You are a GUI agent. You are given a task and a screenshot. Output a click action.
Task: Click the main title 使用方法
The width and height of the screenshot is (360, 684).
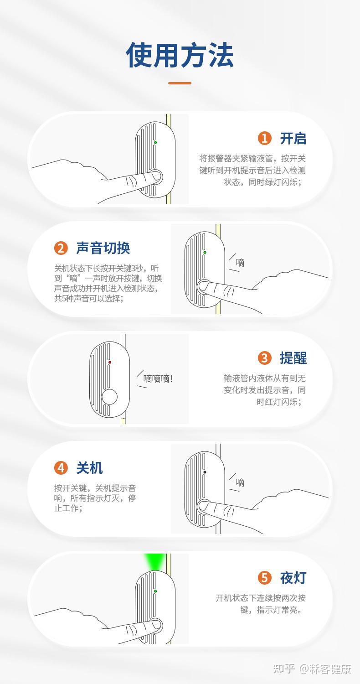click(x=180, y=55)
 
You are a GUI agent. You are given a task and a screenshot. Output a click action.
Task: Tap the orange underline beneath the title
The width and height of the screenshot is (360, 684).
click(x=180, y=83)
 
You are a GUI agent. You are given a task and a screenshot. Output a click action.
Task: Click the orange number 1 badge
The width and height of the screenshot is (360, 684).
click(x=264, y=138)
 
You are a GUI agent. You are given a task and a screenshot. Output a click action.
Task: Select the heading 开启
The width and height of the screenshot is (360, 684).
click(x=293, y=138)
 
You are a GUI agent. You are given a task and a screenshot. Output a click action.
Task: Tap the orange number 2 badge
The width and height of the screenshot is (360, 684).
click(x=61, y=248)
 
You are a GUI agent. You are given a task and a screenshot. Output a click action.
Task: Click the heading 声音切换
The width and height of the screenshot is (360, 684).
click(x=103, y=248)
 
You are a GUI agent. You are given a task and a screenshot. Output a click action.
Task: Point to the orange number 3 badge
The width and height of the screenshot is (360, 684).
click(x=264, y=358)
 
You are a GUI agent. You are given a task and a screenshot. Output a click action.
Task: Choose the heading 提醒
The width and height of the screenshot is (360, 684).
click(x=293, y=358)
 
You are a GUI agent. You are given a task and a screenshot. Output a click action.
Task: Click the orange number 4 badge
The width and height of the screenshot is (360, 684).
click(x=61, y=468)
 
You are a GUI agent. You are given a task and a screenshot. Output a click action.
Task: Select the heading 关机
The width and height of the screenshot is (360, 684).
click(x=89, y=468)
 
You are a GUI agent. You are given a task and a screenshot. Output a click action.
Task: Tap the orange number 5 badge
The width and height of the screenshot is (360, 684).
click(x=264, y=578)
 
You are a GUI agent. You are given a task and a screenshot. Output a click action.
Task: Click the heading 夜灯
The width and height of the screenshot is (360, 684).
click(x=293, y=578)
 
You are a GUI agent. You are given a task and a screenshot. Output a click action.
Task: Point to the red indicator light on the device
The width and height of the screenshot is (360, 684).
click(x=110, y=363)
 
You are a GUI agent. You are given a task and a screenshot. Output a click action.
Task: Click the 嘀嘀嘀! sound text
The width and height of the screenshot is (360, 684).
click(x=158, y=379)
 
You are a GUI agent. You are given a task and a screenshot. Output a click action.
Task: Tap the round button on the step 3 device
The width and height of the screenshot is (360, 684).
click(x=109, y=397)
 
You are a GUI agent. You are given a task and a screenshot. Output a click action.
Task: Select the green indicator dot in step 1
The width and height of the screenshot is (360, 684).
click(x=155, y=143)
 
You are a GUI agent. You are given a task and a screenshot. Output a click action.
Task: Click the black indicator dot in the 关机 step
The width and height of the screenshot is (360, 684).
click(x=205, y=472)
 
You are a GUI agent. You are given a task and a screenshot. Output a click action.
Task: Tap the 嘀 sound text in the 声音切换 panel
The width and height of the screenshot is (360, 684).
click(x=240, y=263)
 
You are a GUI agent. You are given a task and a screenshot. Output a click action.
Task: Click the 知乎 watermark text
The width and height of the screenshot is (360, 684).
click(x=284, y=669)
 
